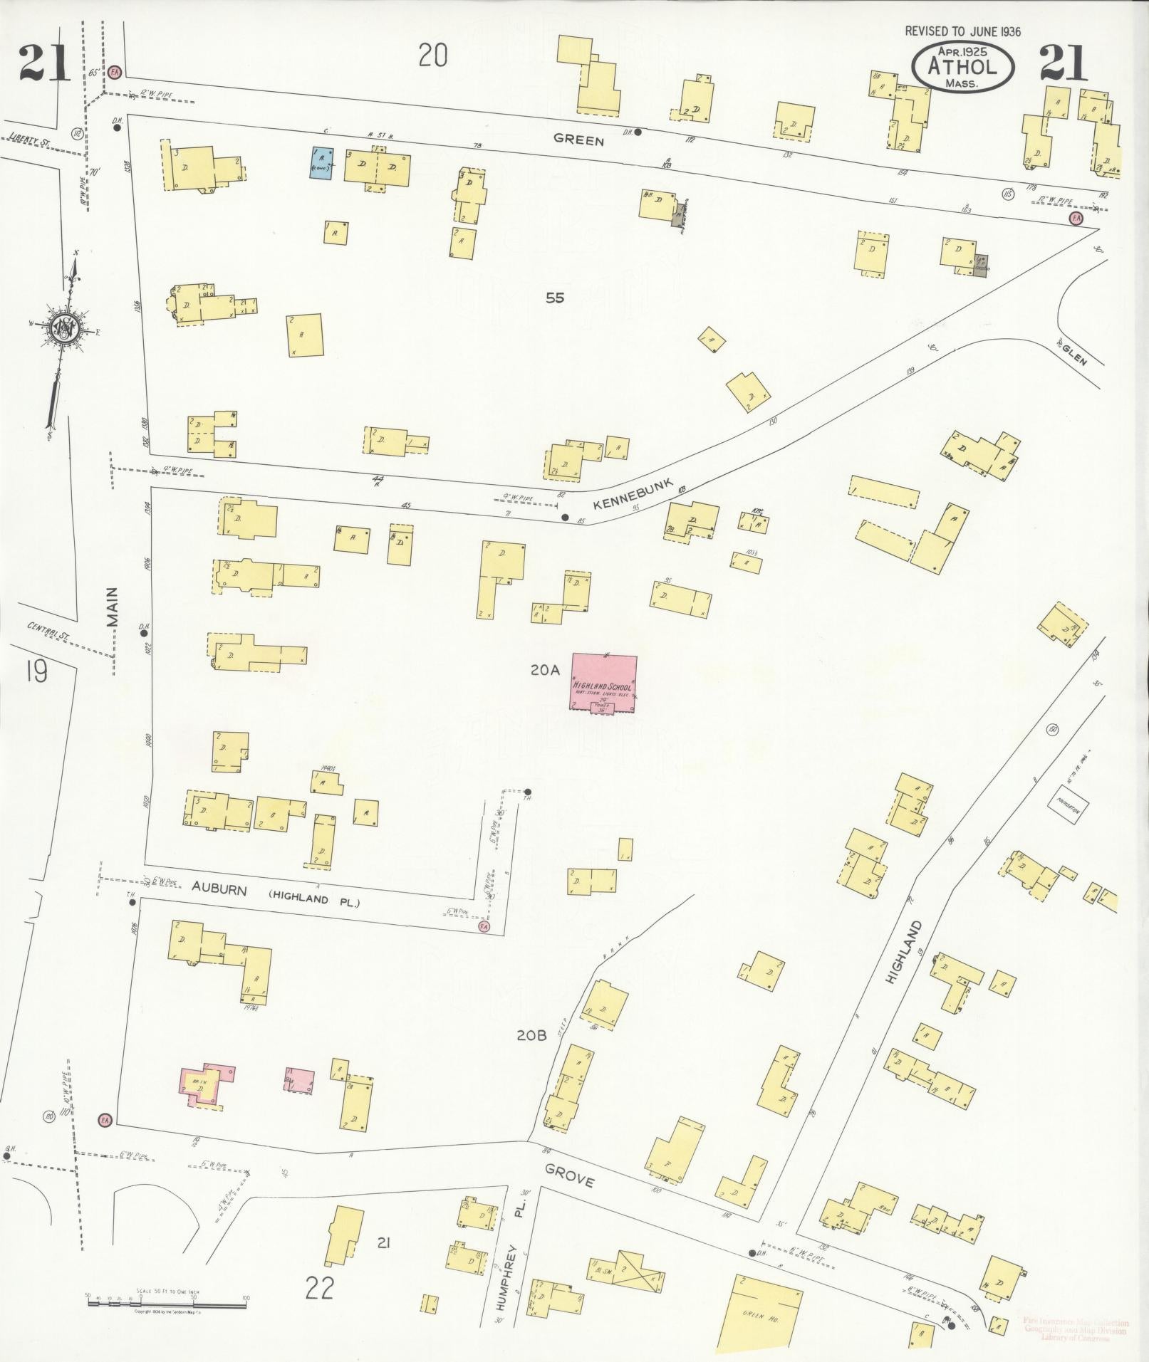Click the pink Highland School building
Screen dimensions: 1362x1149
tap(603, 682)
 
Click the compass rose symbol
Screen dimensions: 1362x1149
tap(65, 328)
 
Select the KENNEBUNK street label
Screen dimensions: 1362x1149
tap(629, 493)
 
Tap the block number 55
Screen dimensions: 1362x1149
tap(555, 298)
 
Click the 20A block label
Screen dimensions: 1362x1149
tap(546, 669)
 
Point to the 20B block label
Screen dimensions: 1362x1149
tap(532, 1035)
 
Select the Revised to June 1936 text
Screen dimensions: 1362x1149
tap(963, 31)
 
